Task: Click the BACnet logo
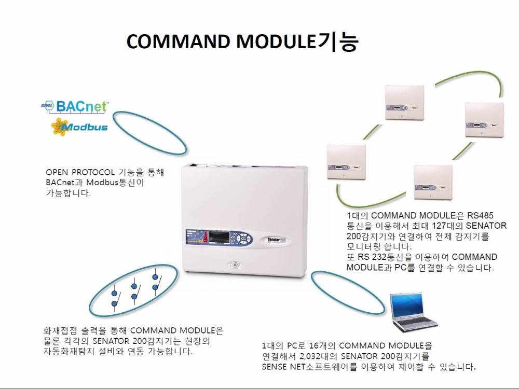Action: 74,106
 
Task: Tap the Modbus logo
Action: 79,127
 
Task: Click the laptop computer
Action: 413,312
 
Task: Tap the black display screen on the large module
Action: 218,237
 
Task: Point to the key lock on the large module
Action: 235,265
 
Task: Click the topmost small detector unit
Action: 404,102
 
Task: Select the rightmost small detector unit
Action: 485,119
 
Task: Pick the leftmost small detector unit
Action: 347,162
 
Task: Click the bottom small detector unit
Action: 433,182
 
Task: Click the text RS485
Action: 480,216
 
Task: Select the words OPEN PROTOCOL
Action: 80,172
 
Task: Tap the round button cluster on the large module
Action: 242,238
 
